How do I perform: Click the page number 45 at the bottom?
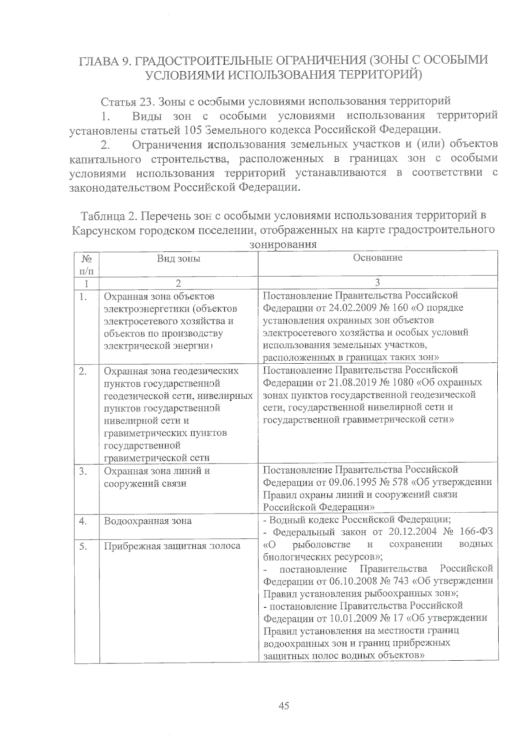pyautogui.click(x=284, y=705)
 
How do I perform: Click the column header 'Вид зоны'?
pyautogui.click(x=178, y=259)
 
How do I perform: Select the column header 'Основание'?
pyautogui.click(x=378, y=258)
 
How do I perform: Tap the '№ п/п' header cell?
pyautogui.click(x=87, y=264)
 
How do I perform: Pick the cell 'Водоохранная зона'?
pyautogui.click(x=148, y=521)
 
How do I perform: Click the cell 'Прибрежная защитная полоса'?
pyautogui.click(x=172, y=546)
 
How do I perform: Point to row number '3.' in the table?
pyautogui.click(x=83, y=471)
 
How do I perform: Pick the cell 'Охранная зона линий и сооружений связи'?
pyautogui.click(x=157, y=477)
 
